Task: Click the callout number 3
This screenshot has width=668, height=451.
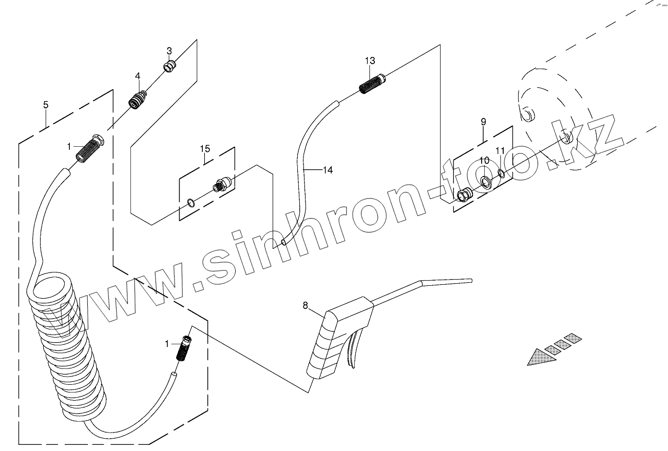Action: tap(169, 51)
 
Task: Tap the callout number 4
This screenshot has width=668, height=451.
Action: tap(138, 76)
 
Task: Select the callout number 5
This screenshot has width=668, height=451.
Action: tap(46, 105)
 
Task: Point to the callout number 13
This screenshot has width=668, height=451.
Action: tap(370, 61)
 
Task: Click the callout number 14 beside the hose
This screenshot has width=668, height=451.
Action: tap(327, 170)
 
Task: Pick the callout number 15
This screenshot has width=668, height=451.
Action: tap(205, 149)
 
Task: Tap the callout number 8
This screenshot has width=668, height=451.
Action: tap(306, 306)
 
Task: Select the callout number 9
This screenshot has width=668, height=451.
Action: tap(483, 122)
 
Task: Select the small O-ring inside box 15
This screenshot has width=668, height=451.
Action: tap(191, 203)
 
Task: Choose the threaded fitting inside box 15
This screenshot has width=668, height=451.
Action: tap(222, 183)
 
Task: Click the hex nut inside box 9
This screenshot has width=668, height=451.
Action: tap(464, 195)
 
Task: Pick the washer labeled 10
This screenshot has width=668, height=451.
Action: tap(486, 181)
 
